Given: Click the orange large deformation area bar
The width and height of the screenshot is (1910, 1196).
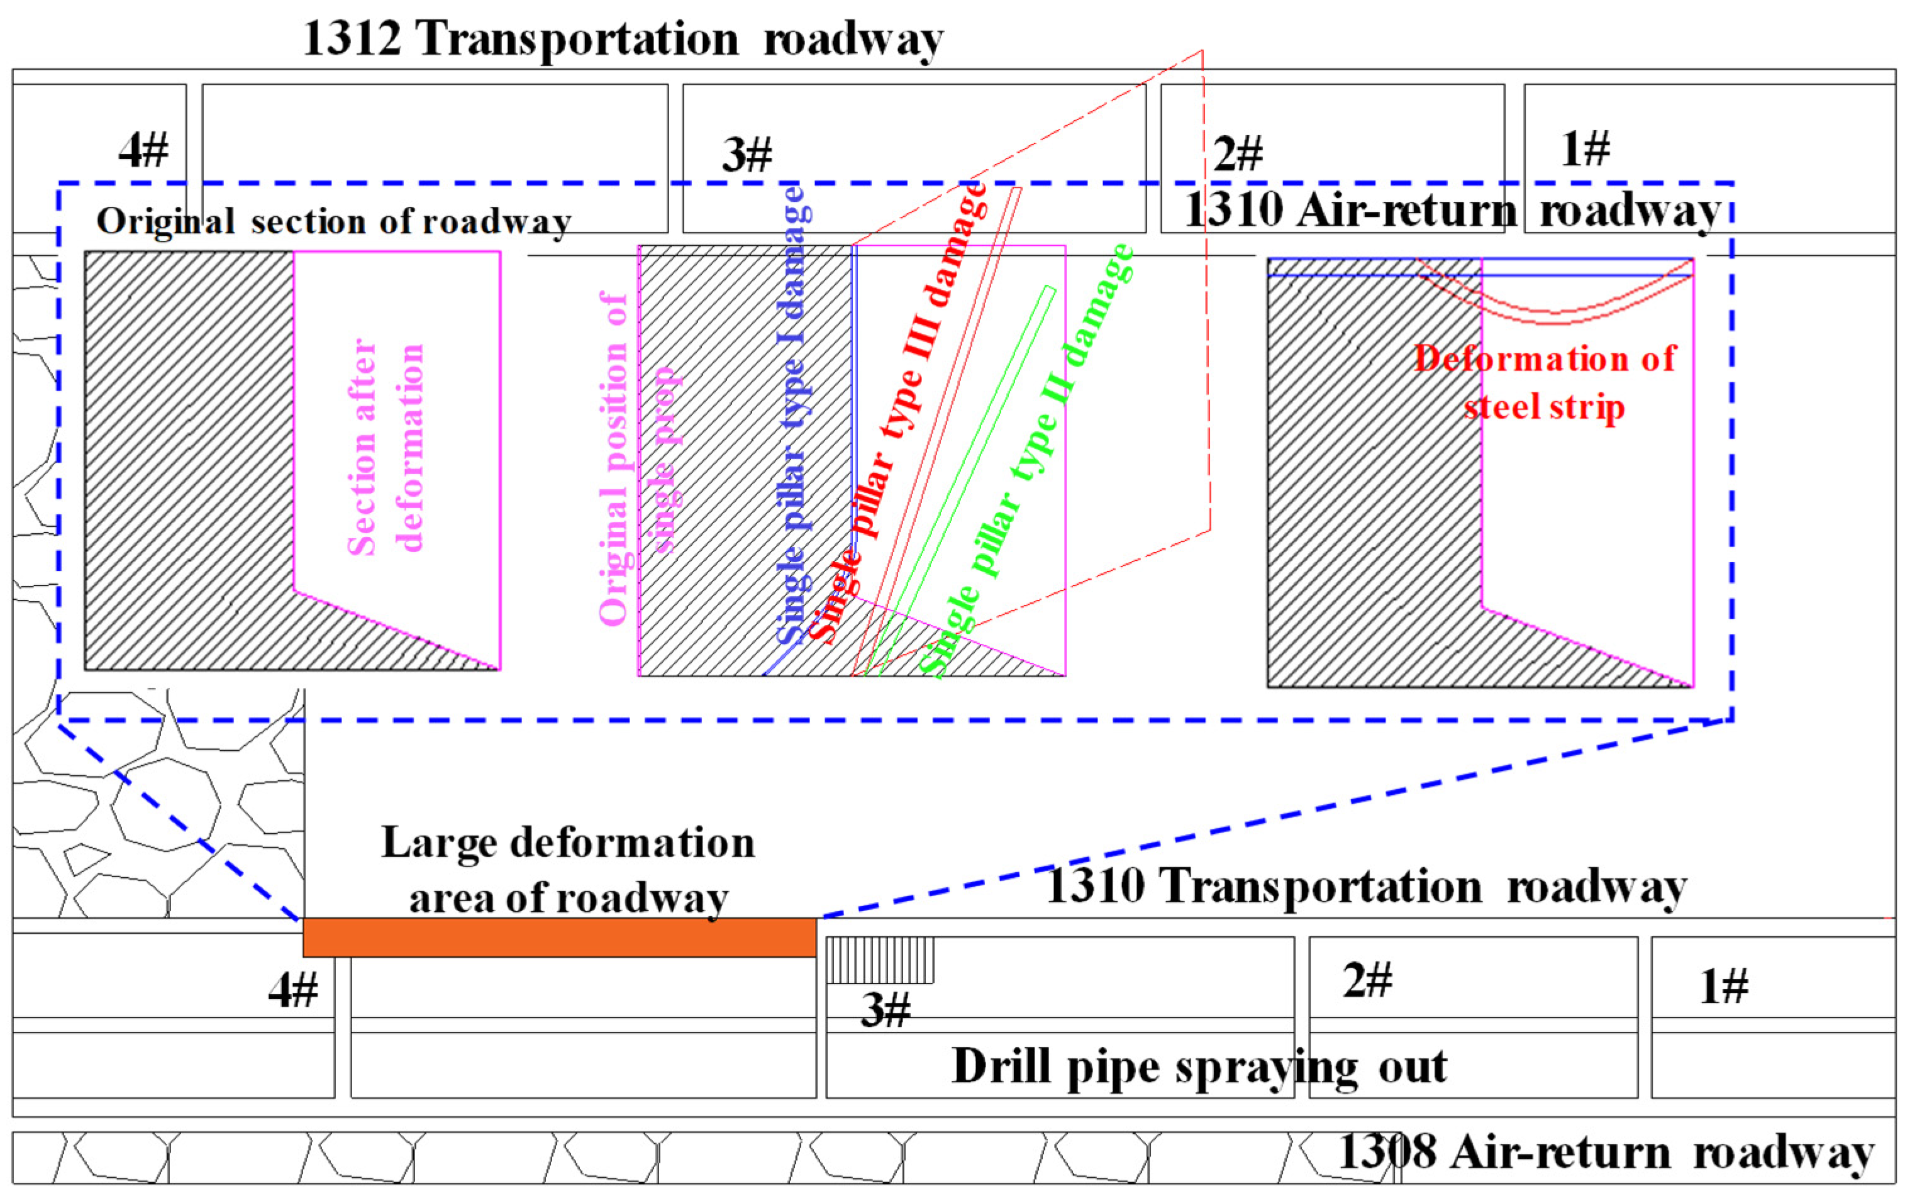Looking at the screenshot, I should [559, 938].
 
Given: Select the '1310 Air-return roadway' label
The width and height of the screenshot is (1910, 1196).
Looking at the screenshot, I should [1452, 211].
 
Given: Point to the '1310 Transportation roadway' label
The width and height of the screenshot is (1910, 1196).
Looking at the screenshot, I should [1366, 886].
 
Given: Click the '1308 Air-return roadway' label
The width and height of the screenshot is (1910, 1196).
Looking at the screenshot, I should [1606, 1153].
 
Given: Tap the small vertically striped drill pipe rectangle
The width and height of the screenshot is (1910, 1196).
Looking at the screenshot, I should [879, 960].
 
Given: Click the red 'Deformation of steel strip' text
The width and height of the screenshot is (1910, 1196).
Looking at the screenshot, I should [1545, 383].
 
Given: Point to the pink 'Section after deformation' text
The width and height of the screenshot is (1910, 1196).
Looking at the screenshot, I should [386, 448].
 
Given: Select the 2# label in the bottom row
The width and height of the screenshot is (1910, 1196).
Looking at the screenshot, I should [1367, 981].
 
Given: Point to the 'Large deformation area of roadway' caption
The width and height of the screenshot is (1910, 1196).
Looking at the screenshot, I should [568, 870].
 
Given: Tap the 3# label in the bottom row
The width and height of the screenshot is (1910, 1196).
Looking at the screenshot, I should [885, 1010].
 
